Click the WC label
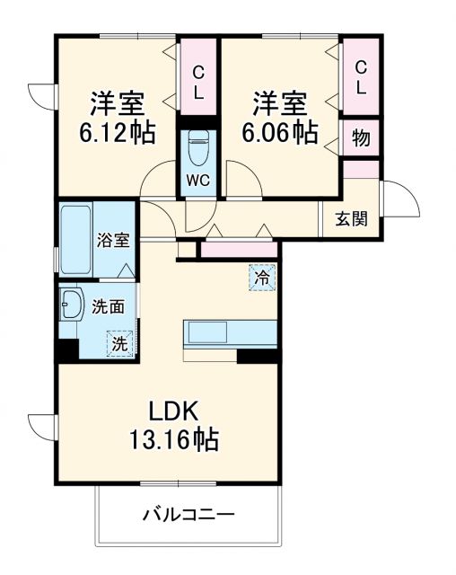point(197,180)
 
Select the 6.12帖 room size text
point(117,133)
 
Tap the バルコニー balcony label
point(189,516)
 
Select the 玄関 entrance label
point(351,218)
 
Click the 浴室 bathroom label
point(113,241)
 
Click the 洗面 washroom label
point(109,305)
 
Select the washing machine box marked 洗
point(118,342)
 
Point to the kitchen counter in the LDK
point(229,333)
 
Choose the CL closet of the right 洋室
point(361,77)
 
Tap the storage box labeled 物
point(361,138)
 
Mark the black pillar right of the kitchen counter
point(257,357)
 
